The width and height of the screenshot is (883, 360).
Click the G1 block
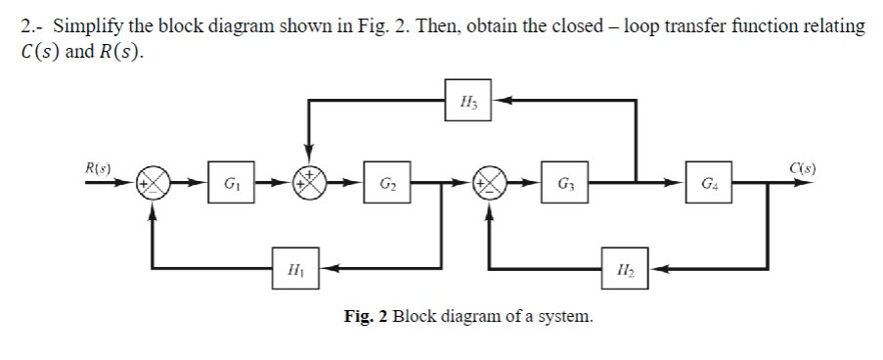click(230, 183)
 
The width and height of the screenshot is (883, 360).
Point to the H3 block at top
click(466, 99)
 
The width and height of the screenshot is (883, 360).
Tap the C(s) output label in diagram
click(806, 167)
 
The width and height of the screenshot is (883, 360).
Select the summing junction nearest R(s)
click(154, 183)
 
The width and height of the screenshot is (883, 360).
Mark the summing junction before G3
click(488, 183)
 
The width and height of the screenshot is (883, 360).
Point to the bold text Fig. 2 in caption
click(367, 317)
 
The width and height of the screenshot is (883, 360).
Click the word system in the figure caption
click(565, 317)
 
